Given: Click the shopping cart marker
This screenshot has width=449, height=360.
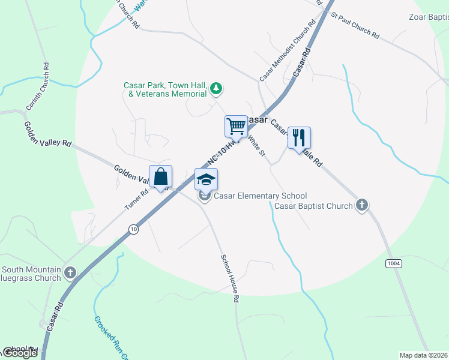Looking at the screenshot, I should tap(237, 126).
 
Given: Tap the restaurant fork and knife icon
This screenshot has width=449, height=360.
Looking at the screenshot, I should tap(298, 138).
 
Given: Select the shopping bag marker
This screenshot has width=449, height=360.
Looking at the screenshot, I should tap(160, 176).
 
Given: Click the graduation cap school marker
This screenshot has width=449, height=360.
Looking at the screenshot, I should tap(206, 179).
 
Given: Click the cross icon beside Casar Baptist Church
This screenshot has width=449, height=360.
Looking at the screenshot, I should tap(361, 206).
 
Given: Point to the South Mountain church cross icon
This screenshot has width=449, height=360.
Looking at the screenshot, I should tap(70, 273).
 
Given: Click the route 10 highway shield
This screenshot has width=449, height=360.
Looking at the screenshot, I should tap(133, 229).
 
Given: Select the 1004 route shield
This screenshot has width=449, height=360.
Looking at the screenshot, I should tap(394, 263).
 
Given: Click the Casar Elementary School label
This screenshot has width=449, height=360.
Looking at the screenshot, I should tap(261, 196).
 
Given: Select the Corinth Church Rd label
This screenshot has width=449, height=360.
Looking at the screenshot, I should tap(37, 87).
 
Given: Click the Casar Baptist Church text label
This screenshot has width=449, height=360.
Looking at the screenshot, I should tap(313, 206).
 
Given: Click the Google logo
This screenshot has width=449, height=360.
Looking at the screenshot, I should tap(20, 353).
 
